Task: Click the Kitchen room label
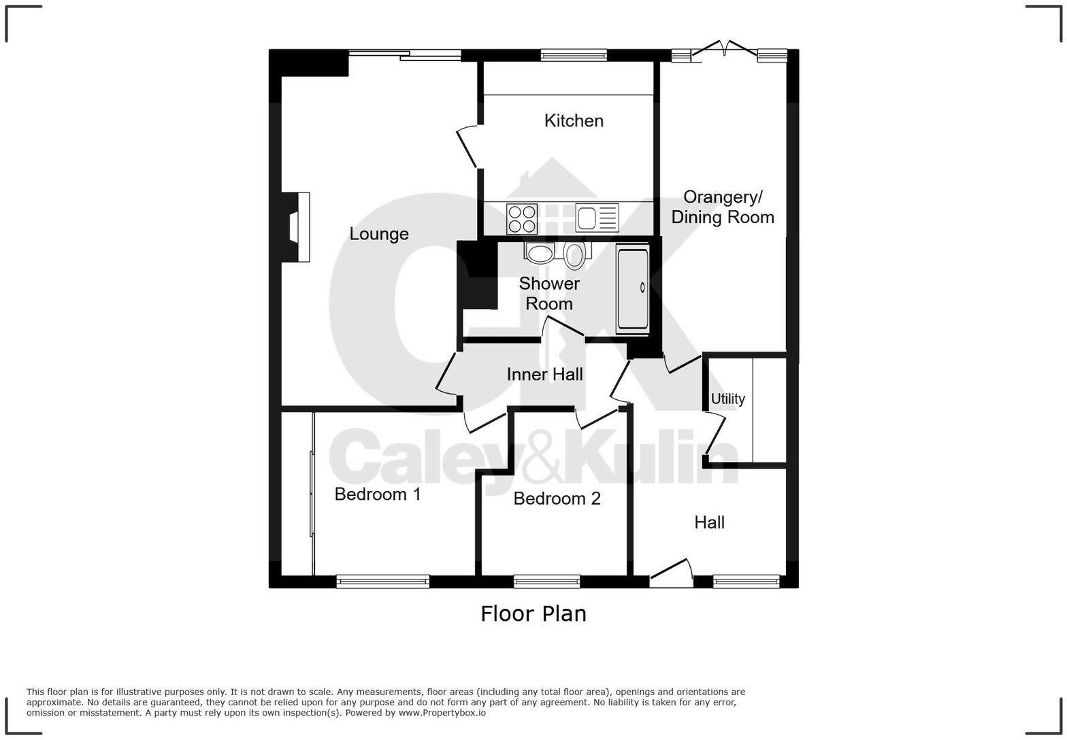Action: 574,121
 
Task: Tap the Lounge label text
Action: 379,234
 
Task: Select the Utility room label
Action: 727,399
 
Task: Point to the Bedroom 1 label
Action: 378,494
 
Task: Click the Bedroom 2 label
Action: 557,499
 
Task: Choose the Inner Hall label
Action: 544,375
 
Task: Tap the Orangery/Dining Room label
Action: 723,207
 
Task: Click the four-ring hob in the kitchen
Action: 522,219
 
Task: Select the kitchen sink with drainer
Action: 597,218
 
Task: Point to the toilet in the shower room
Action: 574,255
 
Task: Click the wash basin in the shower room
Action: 540,254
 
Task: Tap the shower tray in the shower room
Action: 632,289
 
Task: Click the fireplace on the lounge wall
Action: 298,227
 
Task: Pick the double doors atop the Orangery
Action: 725,50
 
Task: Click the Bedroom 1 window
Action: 382,582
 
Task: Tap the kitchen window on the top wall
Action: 574,55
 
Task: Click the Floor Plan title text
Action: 533,614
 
